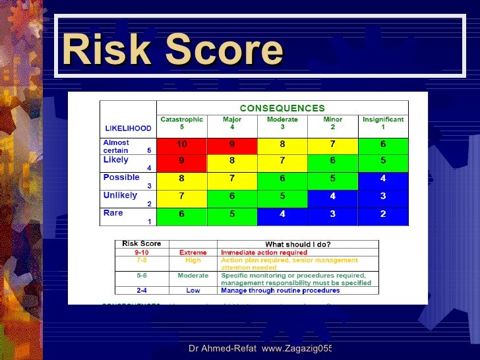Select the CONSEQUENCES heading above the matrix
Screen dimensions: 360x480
[x=282, y=108]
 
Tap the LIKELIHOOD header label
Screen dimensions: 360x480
[x=129, y=128]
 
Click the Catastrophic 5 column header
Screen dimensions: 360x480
[x=182, y=123]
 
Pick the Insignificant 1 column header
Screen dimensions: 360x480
[x=383, y=123]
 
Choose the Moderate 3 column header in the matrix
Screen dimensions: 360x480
[x=282, y=123]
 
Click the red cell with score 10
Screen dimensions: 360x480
[x=182, y=144]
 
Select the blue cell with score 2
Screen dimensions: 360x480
[x=383, y=214]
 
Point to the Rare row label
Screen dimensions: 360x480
[x=113, y=213]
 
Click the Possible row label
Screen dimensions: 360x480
[x=121, y=177]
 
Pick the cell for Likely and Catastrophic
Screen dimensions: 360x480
[x=182, y=160]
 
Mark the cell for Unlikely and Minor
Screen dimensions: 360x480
[x=332, y=196]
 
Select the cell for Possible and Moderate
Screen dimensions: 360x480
[x=282, y=178]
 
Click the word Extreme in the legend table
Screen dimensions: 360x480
[x=193, y=253]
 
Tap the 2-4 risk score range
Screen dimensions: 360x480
[x=142, y=290]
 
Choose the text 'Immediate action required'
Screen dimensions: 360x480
[x=264, y=253]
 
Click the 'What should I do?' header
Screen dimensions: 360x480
[x=299, y=244]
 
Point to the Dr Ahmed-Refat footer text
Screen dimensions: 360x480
[x=259, y=347]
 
